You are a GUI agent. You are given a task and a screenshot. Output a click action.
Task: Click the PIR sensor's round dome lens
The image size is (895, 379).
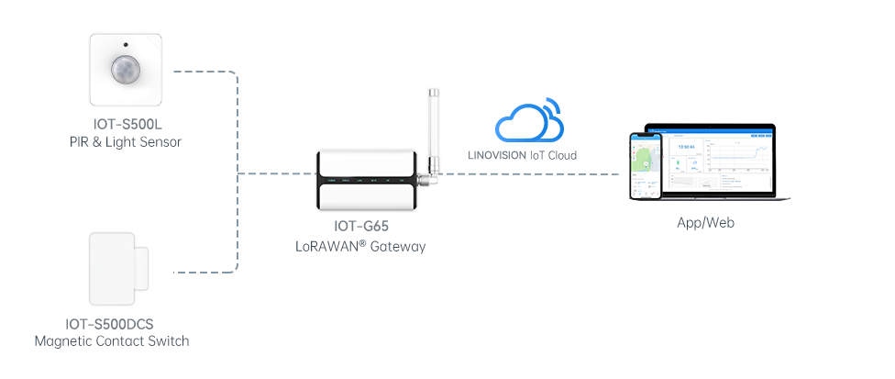[126, 70]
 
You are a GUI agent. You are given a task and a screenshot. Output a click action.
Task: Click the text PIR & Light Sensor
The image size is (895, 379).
[126, 142]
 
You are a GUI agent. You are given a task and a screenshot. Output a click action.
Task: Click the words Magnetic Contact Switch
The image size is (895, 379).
[112, 341]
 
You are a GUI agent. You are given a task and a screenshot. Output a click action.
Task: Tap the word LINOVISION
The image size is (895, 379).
[496, 155]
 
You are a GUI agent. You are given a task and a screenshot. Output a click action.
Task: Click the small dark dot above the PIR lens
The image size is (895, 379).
[126, 45]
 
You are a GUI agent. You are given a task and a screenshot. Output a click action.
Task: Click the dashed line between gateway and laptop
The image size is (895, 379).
[532, 173]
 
